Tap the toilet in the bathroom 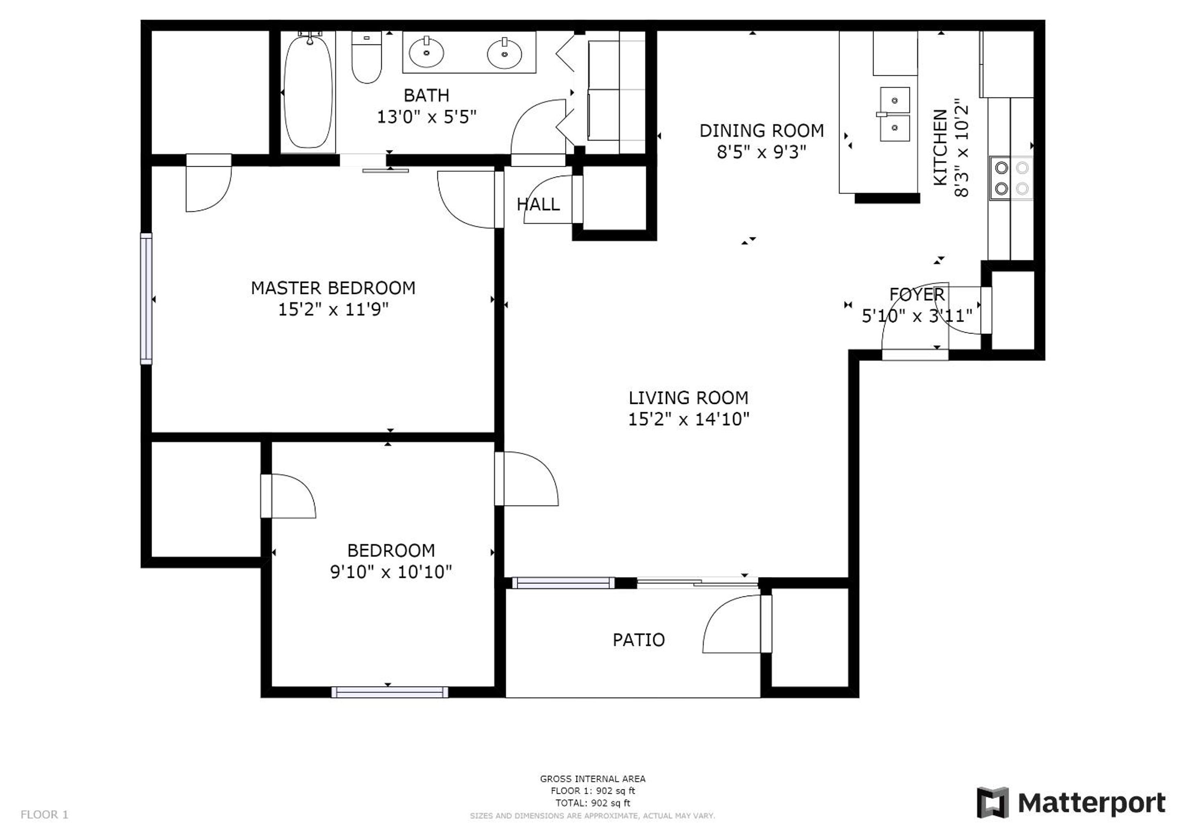[x=366, y=57]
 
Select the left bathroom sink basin [x=426, y=52]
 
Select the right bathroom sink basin [x=504, y=53]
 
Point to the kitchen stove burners [x=1011, y=178]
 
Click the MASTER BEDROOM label [x=333, y=288]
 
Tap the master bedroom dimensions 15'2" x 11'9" [x=333, y=309]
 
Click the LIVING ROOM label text [x=689, y=398]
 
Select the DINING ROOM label [x=762, y=131]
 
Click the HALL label [x=538, y=204]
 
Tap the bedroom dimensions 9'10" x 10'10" [x=391, y=572]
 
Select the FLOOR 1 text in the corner [x=44, y=815]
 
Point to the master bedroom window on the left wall [x=146, y=299]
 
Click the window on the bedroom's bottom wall [x=390, y=692]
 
